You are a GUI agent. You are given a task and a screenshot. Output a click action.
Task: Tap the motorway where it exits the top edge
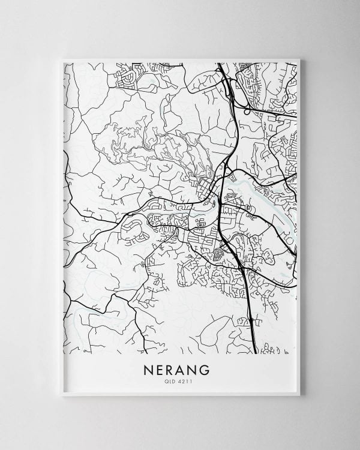click(220, 65)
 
